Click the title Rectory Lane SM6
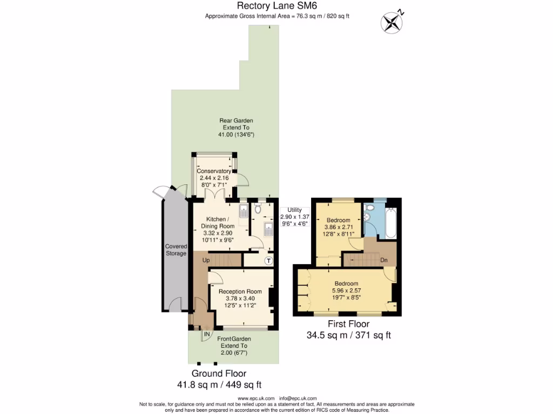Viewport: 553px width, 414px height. pos(277,6)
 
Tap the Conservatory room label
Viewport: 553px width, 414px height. pos(214,171)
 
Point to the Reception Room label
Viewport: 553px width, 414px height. pos(240,292)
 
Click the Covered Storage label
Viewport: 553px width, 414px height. pos(176,250)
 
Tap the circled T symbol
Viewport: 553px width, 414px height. pos(268,261)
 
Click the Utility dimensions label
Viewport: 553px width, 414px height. pos(294,216)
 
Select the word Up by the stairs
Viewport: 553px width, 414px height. pos(206,260)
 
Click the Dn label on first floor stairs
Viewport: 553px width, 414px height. pos(384,260)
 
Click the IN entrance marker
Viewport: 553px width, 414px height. pos(207,335)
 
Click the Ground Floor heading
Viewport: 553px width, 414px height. pos(219,374)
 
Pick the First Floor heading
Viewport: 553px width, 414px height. pos(348,324)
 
